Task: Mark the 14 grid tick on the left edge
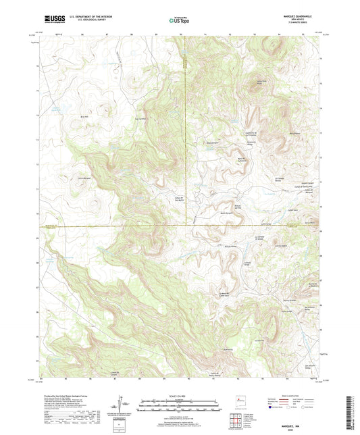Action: pos(38,115)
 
